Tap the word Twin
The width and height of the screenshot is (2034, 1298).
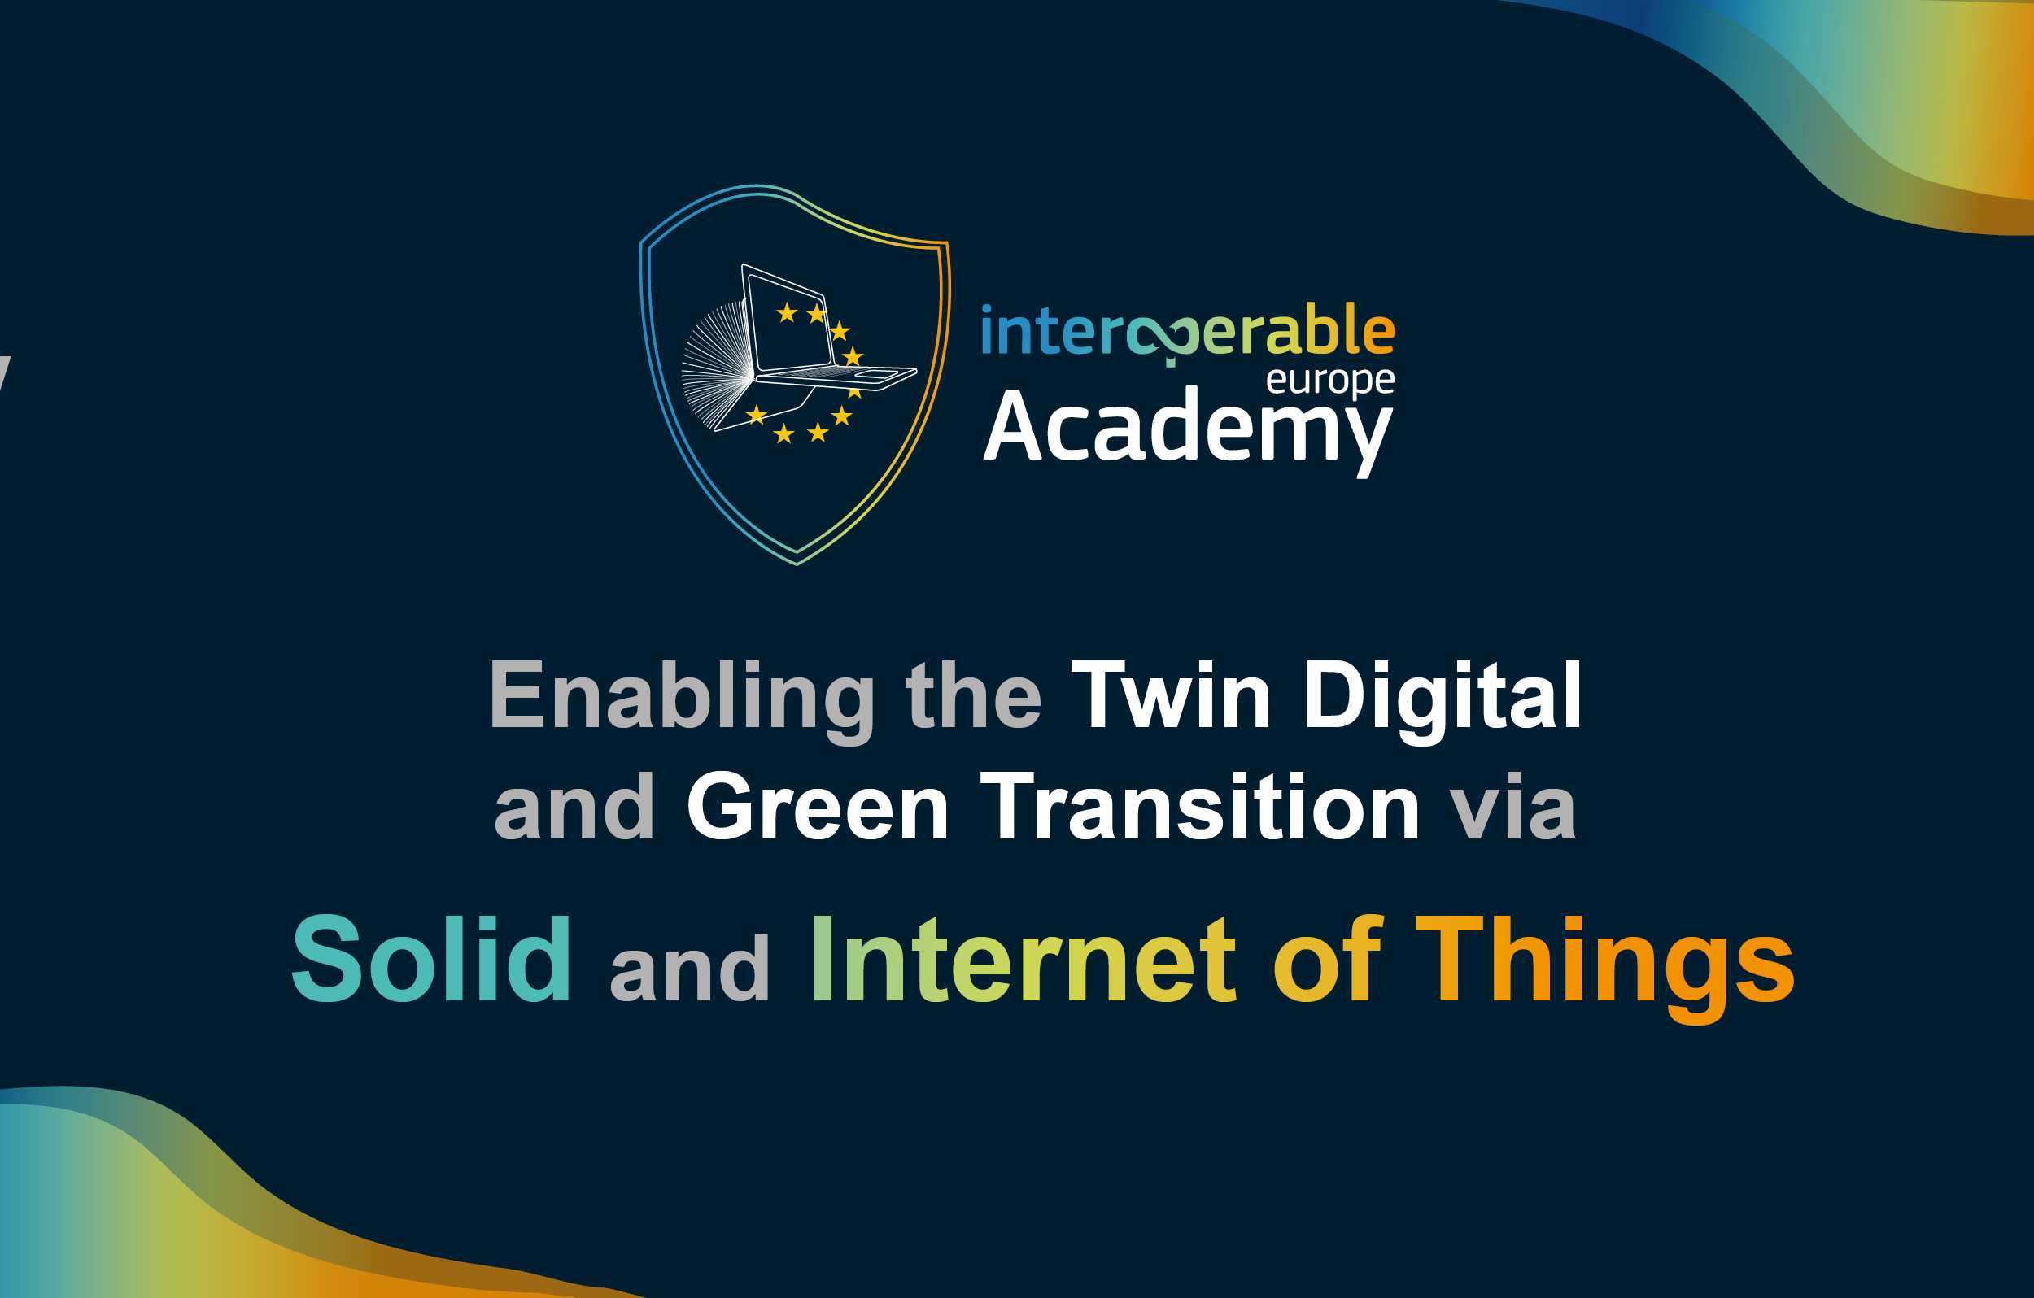[x=1170, y=695]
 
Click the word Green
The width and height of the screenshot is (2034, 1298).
[x=818, y=807]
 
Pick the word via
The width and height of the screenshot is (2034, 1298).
[x=1512, y=807]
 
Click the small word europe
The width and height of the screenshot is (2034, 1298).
[x=1330, y=381]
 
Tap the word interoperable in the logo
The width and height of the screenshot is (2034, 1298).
[x=1188, y=333]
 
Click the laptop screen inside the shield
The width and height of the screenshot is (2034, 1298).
[x=789, y=321]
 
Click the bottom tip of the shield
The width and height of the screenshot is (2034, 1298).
[x=797, y=564]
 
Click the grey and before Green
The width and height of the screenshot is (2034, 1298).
[x=575, y=807]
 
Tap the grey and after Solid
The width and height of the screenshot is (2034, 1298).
[x=690, y=968]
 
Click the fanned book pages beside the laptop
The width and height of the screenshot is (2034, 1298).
[x=716, y=365]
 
